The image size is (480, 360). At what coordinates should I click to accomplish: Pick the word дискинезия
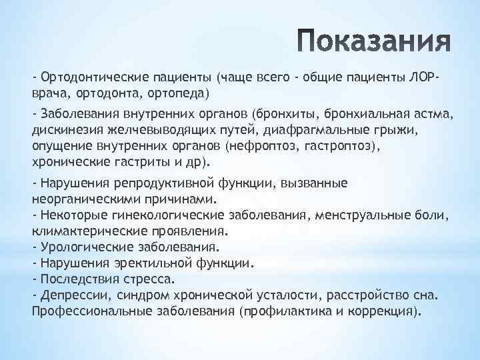tap(64, 129)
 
